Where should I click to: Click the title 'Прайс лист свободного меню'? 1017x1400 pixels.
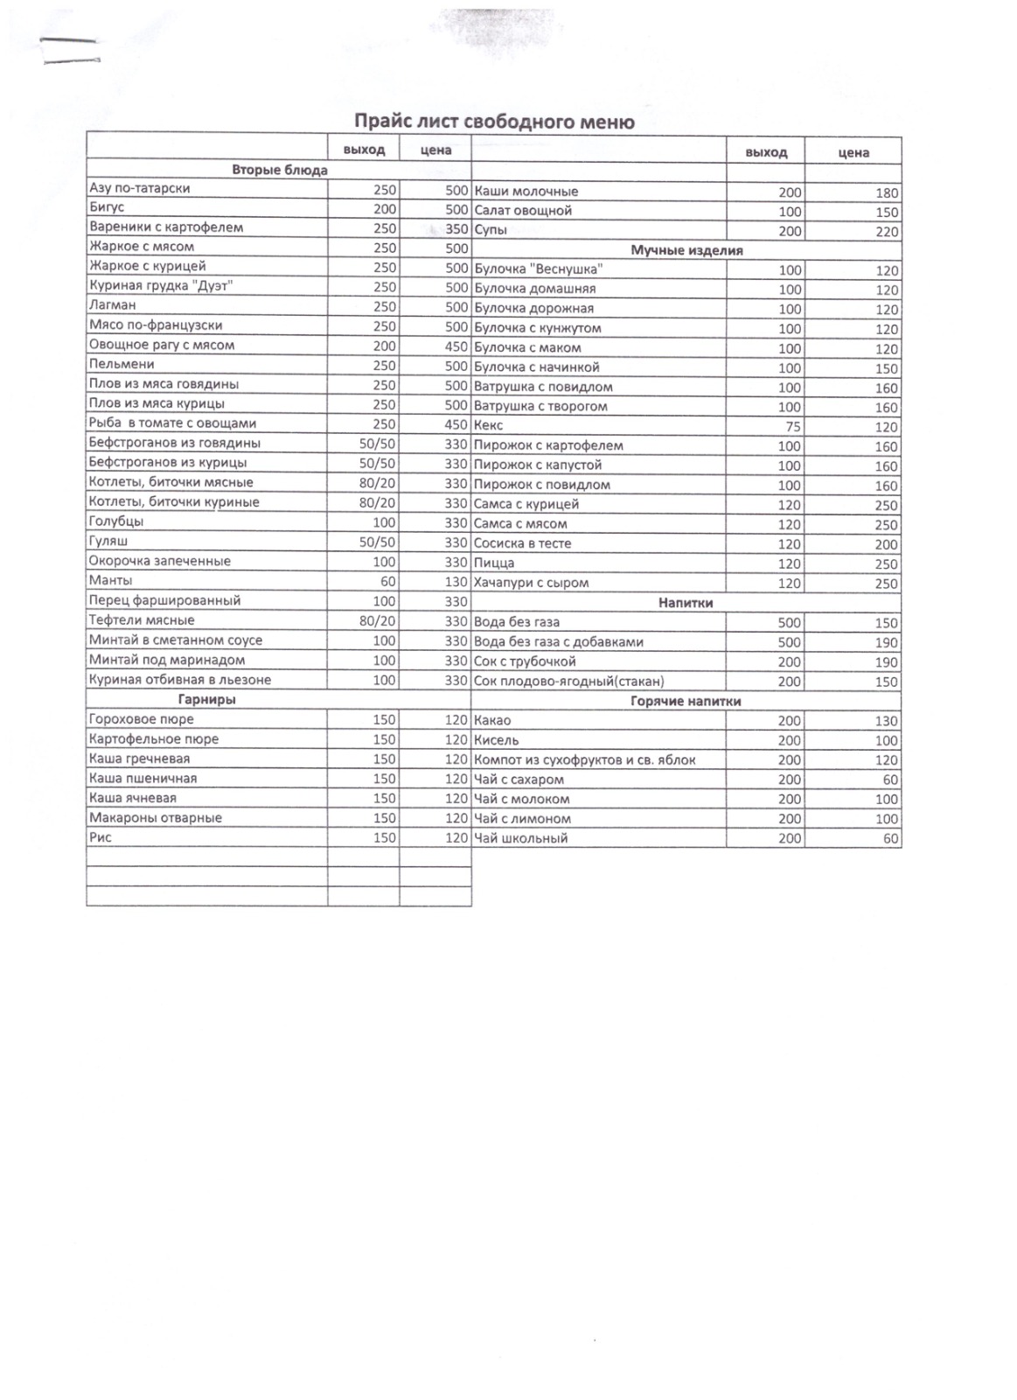494,122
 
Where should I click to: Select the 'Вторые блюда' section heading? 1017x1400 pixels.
279,170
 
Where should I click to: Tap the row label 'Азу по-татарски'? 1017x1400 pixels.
140,188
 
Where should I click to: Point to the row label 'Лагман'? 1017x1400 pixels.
113,305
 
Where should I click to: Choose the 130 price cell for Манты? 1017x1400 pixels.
456,581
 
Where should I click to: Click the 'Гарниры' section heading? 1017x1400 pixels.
207,699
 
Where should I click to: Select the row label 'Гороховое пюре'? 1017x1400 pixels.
142,719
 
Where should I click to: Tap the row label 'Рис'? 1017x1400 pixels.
101,837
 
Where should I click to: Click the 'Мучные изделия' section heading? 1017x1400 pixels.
686,250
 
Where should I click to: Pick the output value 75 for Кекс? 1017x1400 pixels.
790,427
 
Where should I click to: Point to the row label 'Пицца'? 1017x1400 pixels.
494,563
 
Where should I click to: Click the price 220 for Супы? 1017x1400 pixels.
887,232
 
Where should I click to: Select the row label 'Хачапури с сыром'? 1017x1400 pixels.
531,583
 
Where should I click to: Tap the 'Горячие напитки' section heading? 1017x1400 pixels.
686,701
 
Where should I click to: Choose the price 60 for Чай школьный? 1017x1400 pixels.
890,839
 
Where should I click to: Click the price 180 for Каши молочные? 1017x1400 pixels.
887,192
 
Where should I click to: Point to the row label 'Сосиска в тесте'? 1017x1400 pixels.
522,543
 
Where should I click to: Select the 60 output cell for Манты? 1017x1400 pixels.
387,581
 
